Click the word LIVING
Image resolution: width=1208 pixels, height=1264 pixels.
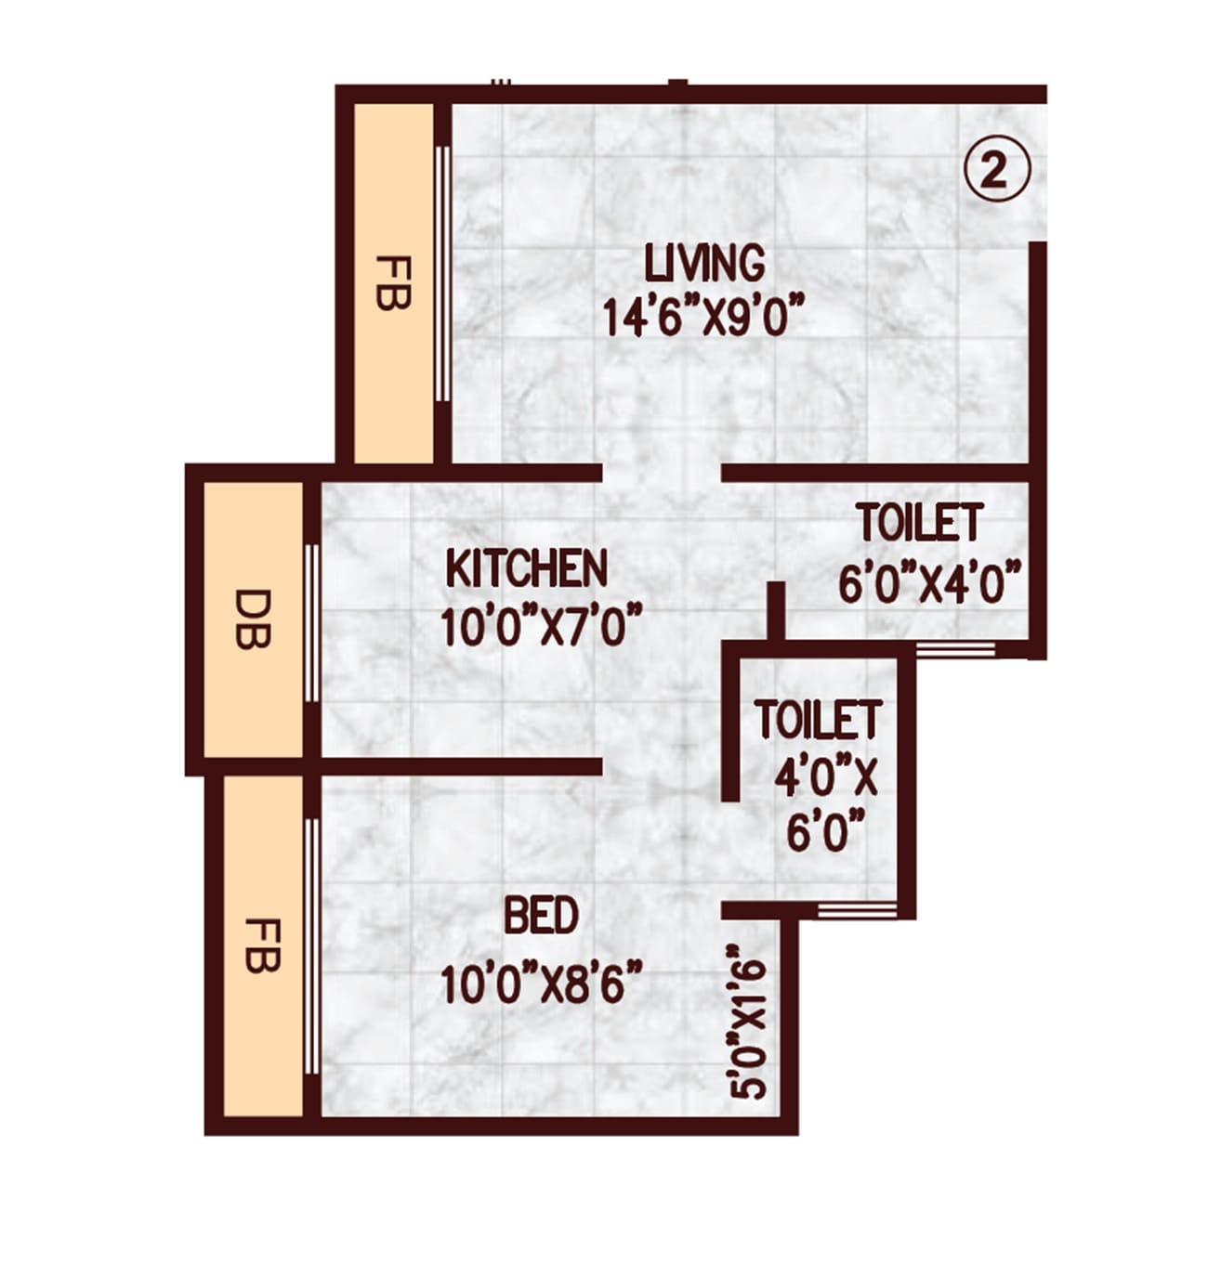tap(705, 263)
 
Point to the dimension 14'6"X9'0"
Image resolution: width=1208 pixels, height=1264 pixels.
tap(702, 317)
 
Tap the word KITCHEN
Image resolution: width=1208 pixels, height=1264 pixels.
tap(527, 568)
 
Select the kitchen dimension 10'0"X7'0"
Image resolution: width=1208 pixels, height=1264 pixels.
tap(543, 626)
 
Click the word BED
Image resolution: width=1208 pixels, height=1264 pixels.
tap(541, 917)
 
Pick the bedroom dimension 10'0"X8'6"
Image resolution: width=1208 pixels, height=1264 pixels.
tap(542, 984)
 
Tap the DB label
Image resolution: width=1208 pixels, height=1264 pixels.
tap(253, 619)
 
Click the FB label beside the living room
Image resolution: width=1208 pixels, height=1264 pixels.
tap(393, 282)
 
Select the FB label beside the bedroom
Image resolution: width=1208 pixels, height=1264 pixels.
tap(262, 945)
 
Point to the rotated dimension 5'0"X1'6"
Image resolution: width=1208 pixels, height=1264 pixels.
tap(749, 1023)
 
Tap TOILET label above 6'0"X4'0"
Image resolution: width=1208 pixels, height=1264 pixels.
tap(919, 523)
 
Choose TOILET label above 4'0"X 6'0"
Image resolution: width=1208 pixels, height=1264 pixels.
tap(818, 720)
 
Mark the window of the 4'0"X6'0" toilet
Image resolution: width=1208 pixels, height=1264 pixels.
tap(856, 909)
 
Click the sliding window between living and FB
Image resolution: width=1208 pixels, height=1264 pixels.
tap(443, 274)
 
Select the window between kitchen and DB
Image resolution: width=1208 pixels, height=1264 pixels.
tap(311, 623)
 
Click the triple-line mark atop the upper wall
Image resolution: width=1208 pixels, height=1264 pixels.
tap(501, 82)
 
